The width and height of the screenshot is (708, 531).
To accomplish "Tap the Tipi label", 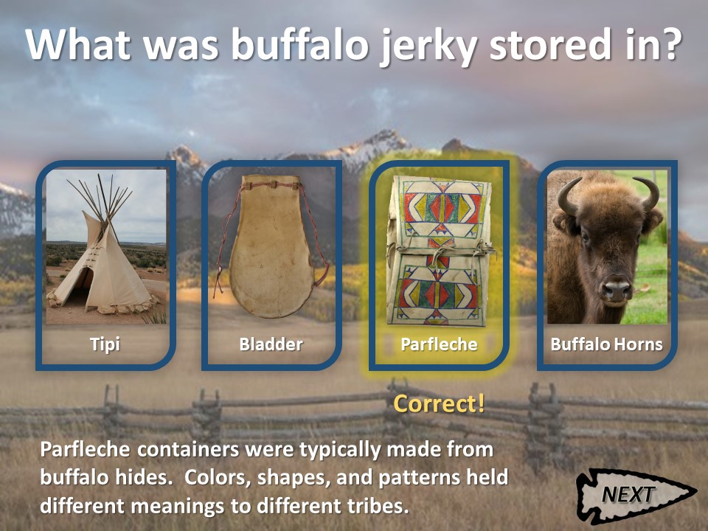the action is pyautogui.click(x=105, y=344).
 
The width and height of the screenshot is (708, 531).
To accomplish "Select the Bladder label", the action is pyautogui.click(x=271, y=344).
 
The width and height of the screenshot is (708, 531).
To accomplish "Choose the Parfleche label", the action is pyautogui.click(x=439, y=344).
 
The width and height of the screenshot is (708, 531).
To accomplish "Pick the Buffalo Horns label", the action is pyautogui.click(x=606, y=344).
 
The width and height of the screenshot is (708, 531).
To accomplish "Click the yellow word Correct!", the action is pyautogui.click(x=439, y=403).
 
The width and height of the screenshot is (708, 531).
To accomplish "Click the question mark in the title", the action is pyautogui.click(x=671, y=44).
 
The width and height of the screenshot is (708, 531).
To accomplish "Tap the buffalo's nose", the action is pyautogui.click(x=617, y=291).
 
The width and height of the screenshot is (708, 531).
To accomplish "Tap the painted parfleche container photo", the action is pyautogui.click(x=440, y=251).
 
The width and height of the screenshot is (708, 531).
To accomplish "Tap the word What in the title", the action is pyautogui.click(x=77, y=44).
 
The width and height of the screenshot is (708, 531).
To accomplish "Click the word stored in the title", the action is pyautogui.click(x=549, y=44).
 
